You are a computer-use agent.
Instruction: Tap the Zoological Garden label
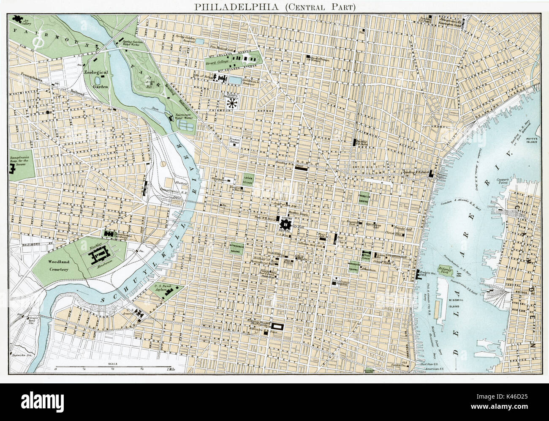[96, 79]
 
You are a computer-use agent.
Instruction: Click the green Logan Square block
[248, 180]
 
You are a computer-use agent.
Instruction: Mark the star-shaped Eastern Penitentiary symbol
[231, 103]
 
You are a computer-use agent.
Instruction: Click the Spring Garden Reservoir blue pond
[200, 41]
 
